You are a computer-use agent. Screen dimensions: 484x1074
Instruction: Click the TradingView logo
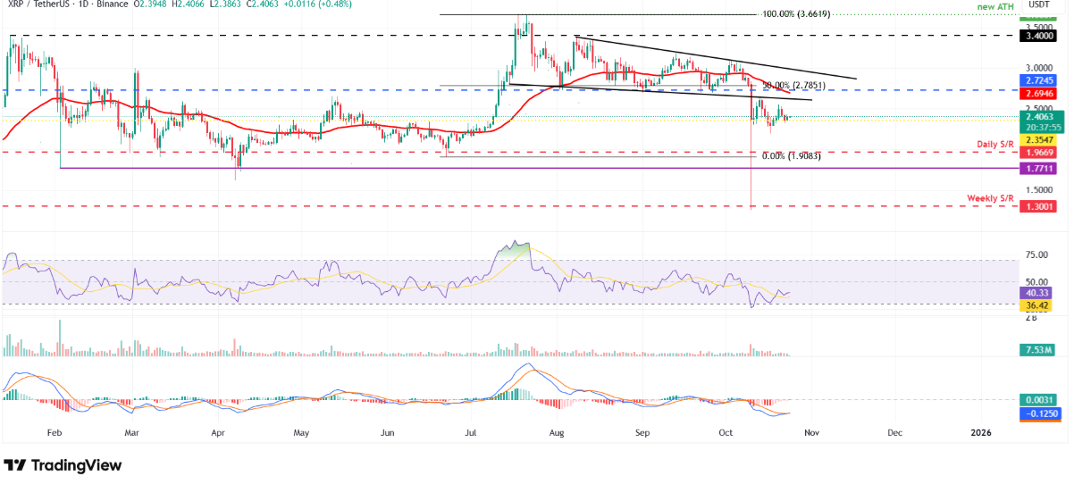[63, 465]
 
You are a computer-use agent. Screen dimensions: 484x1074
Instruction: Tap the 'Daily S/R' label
[993, 144]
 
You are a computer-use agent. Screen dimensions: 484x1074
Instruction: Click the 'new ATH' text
[994, 7]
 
